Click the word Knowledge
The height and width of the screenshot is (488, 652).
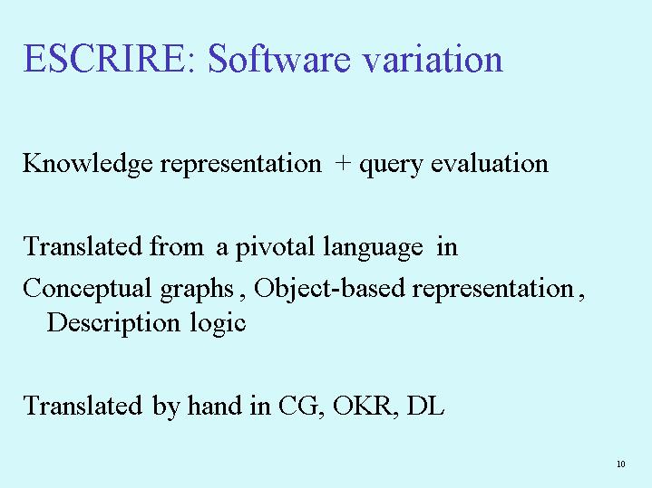88,164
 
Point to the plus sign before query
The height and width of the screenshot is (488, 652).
342,163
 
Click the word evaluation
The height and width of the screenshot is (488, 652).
490,162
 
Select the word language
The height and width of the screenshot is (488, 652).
373,248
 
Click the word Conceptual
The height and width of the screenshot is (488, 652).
87,289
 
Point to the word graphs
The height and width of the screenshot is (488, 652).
197,290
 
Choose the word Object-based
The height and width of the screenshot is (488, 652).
329,289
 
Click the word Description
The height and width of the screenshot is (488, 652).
113,323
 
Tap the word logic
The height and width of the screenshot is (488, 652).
218,323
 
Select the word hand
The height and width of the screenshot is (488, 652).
215,405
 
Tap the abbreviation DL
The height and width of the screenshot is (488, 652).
426,405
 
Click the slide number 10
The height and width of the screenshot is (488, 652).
621,464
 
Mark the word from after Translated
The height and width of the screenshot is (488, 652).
177,246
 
